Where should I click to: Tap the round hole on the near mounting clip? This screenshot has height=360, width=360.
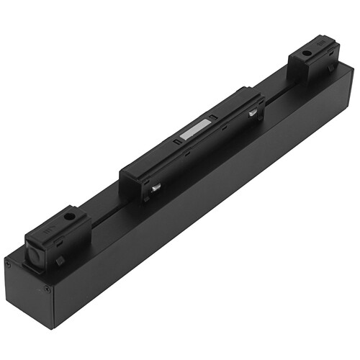[x=69, y=215]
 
